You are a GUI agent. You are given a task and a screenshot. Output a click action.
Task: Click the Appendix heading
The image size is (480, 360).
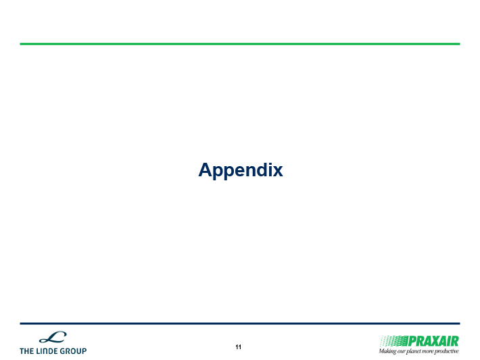241,170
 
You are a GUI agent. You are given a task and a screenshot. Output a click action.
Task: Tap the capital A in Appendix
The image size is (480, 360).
206,169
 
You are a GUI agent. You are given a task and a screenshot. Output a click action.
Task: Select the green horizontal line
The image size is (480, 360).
240,44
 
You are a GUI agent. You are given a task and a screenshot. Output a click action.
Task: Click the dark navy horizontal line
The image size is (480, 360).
240,324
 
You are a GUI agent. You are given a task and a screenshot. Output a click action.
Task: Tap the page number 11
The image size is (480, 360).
239,347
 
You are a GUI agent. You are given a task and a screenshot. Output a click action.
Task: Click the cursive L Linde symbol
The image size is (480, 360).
53,337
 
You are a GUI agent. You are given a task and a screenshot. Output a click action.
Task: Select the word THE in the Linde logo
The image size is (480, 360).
26,351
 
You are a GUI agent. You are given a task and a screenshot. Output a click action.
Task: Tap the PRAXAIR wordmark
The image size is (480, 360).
433,341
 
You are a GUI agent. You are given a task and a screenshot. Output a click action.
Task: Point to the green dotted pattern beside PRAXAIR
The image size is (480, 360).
394,341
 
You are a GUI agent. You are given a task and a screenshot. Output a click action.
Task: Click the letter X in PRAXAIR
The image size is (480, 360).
434,341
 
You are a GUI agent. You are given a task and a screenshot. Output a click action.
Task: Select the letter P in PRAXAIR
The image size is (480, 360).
412,341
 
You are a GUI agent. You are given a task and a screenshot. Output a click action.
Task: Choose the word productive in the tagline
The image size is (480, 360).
447,351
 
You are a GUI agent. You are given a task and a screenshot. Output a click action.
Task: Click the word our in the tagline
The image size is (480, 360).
401,351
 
